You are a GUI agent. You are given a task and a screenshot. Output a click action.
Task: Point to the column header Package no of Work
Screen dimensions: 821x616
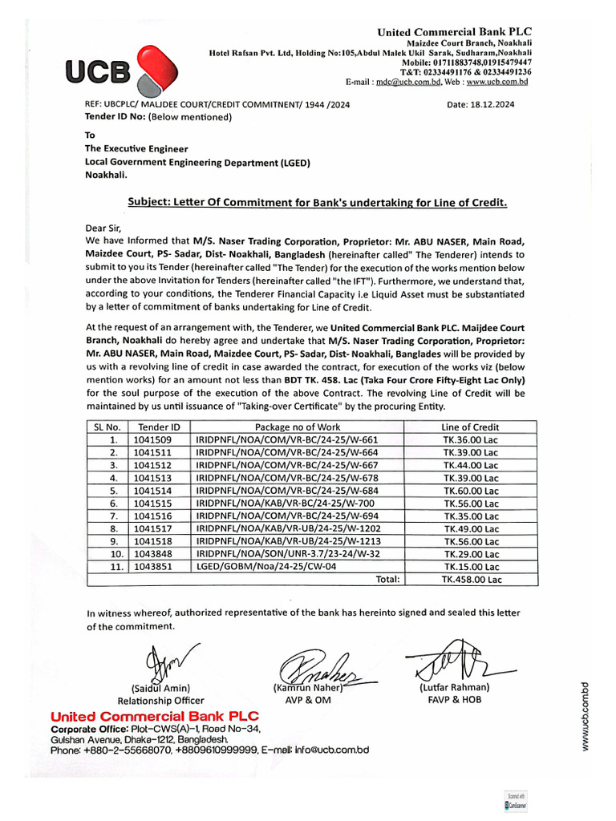click(297, 427)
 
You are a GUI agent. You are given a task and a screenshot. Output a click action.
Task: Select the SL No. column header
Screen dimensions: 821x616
click(107, 427)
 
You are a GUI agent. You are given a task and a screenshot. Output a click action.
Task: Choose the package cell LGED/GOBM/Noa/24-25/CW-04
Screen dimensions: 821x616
click(265, 565)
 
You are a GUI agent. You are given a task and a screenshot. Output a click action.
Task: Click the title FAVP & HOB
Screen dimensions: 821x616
click(453, 699)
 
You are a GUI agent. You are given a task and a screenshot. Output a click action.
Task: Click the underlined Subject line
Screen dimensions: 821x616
click(318, 203)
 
